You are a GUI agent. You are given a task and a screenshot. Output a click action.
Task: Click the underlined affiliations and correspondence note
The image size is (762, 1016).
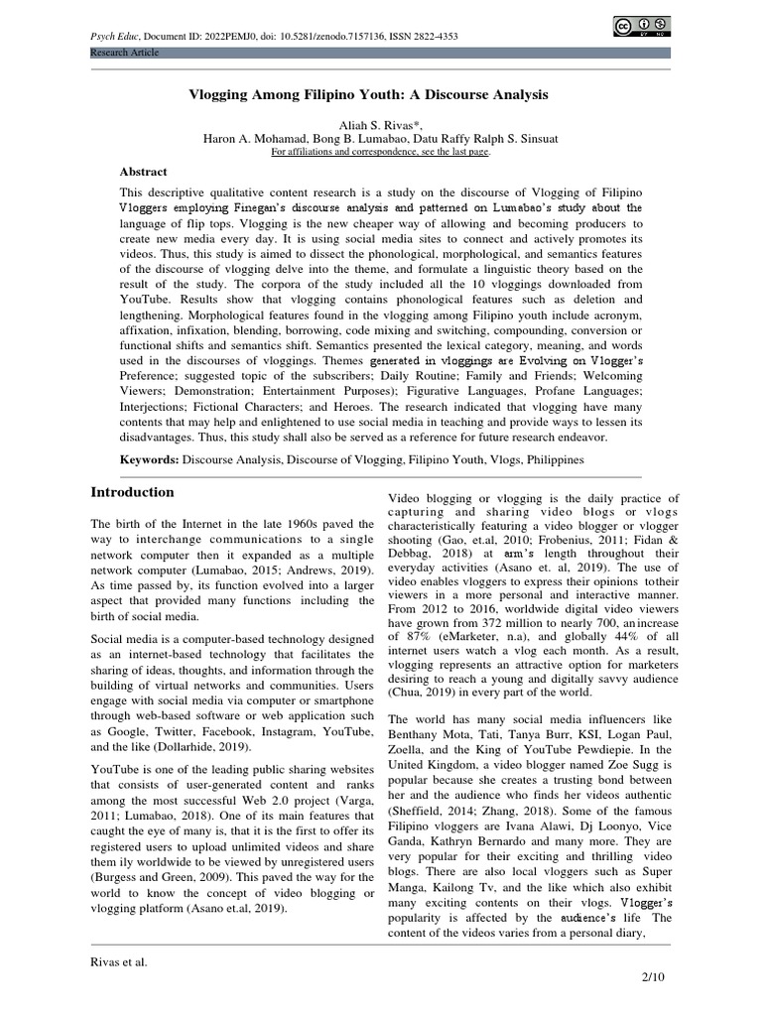[x=381, y=153]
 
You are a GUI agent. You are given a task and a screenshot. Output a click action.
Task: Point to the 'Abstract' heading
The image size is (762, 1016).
[x=144, y=172]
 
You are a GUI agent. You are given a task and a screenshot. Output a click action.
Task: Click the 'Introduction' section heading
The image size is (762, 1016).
[x=132, y=492]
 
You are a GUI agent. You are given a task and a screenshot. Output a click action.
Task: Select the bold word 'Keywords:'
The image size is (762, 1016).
[x=149, y=460]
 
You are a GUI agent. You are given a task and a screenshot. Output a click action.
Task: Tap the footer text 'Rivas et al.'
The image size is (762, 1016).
[x=119, y=960]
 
